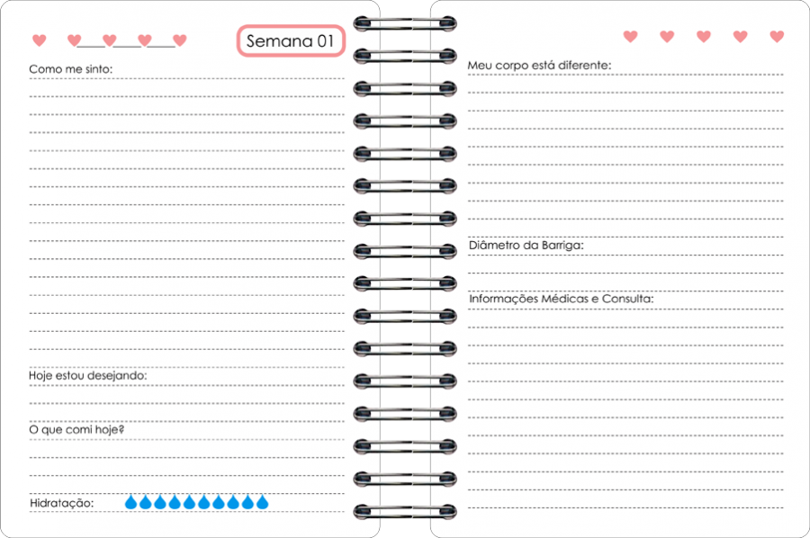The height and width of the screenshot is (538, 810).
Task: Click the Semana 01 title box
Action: pos(291,40)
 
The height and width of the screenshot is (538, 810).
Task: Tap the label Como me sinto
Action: pos(71,69)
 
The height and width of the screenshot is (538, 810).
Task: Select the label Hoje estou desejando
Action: pos(88,375)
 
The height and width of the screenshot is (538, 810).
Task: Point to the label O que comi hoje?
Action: pos(77,429)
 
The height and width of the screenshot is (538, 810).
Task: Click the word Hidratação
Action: pos(62,503)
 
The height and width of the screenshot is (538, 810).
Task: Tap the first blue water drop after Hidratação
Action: pos(130,502)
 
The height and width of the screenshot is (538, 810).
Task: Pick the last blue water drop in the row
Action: pos(263,502)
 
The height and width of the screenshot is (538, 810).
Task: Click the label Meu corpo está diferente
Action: pos(539,66)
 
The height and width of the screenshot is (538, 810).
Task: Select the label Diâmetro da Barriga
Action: pos(526,246)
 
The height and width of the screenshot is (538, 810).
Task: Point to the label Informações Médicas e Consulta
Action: pos(562,299)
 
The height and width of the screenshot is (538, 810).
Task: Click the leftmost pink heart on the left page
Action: pos(40,40)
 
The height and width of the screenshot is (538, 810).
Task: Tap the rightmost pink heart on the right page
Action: pos(777,36)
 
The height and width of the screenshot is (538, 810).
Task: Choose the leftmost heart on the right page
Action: pos(630,36)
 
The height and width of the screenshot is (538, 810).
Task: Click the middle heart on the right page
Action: pos(704,36)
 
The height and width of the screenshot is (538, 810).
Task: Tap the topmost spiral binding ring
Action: pos(405,23)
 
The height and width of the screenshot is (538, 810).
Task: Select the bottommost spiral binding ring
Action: pos(405,512)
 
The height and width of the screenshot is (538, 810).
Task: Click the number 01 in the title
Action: pos(326,41)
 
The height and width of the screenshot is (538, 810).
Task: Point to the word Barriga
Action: pos(562,246)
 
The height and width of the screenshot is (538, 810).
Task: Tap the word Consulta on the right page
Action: pos(628,299)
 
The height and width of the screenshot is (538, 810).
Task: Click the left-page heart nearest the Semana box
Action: pos(180,40)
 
